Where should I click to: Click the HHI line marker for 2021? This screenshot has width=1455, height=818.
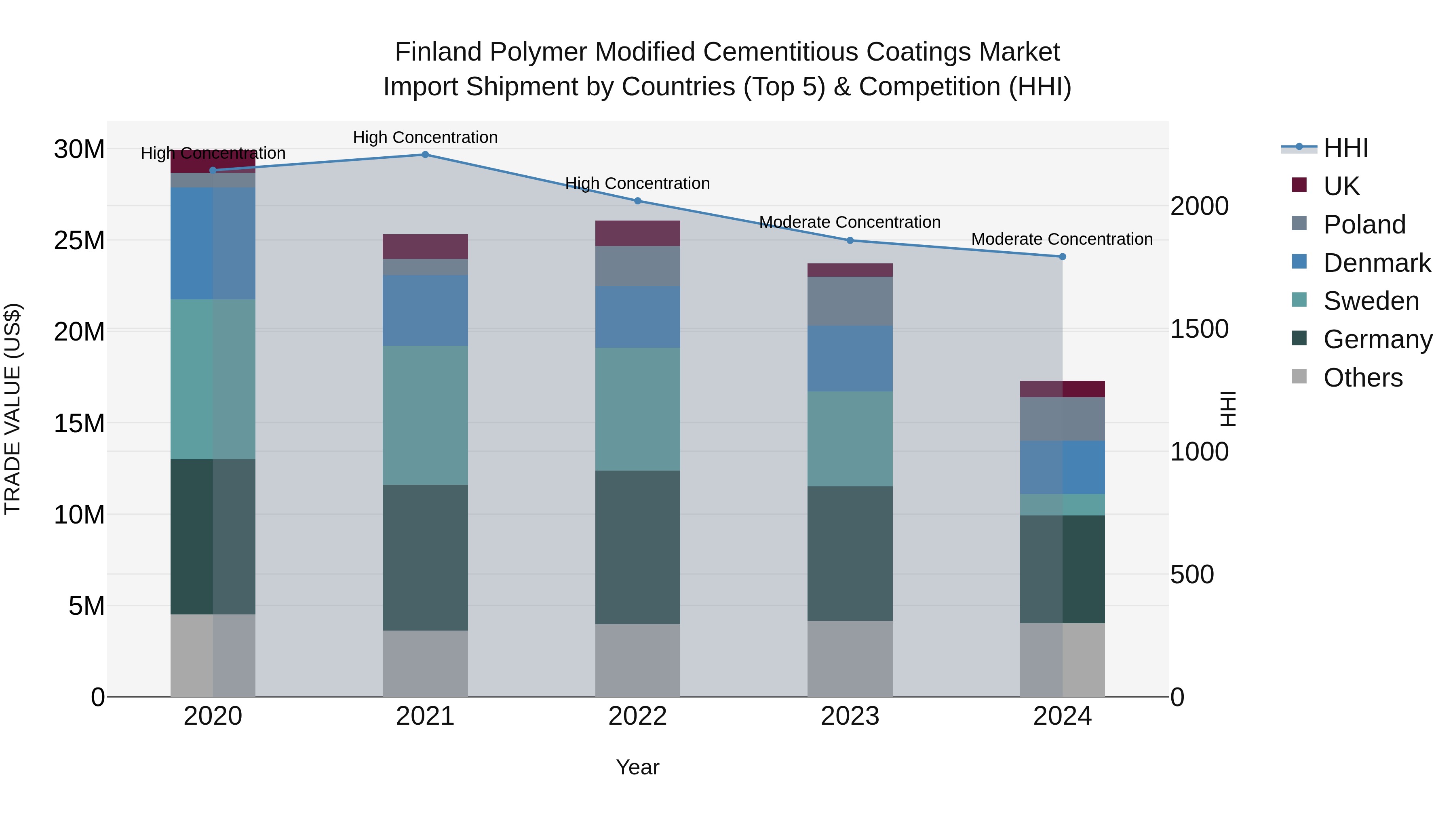tap(425, 155)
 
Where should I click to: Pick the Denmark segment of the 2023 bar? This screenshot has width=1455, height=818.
tap(850, 358)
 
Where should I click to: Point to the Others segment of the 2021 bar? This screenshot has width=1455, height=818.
tap(425, 663)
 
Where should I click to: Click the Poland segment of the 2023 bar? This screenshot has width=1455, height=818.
tap(850, 301)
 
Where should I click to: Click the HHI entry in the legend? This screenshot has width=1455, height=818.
tap(1345, 148)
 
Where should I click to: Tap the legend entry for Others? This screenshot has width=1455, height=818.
tap(1362, 378)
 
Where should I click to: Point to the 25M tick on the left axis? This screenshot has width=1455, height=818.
tap(79, 240)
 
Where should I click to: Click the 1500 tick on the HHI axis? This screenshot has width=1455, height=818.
tap(1199, 329)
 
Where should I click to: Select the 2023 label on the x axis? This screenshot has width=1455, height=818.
tap(850, 716)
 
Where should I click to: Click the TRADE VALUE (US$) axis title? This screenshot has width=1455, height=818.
tap(13, 409)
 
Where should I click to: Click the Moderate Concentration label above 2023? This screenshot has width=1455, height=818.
tap(850, 223)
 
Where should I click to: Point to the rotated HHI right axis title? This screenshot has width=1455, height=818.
tap(1228, 409)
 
